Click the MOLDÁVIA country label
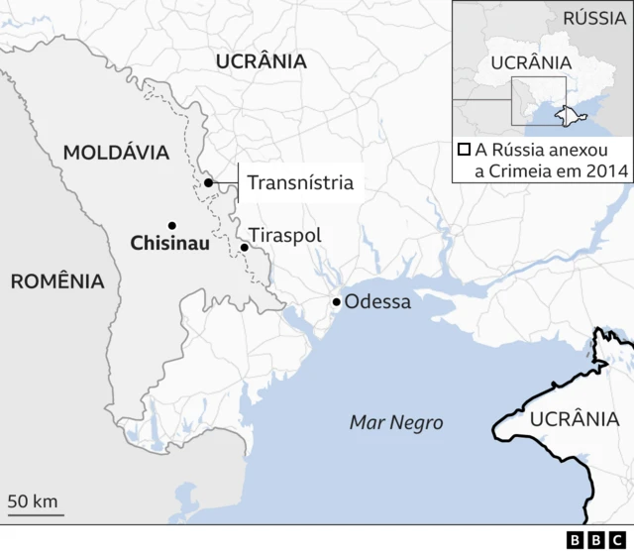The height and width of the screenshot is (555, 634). [x=116, y=152]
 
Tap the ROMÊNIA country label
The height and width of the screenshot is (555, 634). [x=57, y=280]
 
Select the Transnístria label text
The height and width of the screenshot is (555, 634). [x=299, y=182]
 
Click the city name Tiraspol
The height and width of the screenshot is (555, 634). [x=285, y=236]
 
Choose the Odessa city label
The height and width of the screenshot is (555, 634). [x=376, y=301]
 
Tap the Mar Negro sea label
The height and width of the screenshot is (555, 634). [x=396, y=423]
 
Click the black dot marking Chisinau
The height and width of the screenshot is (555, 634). [x=171, y=225]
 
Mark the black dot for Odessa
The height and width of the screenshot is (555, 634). [x=337, y=301]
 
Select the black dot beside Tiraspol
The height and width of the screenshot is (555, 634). [x=245, y=247]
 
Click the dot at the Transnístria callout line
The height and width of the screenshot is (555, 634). [x=209, y=182]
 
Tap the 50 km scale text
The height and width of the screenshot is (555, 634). [x=33, y=500]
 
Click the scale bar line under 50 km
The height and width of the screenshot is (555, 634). [x=37, y=514]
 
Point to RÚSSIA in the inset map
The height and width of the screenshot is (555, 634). [x=594, y=17]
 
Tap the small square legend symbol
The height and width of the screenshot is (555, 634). [x=464, y=151]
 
